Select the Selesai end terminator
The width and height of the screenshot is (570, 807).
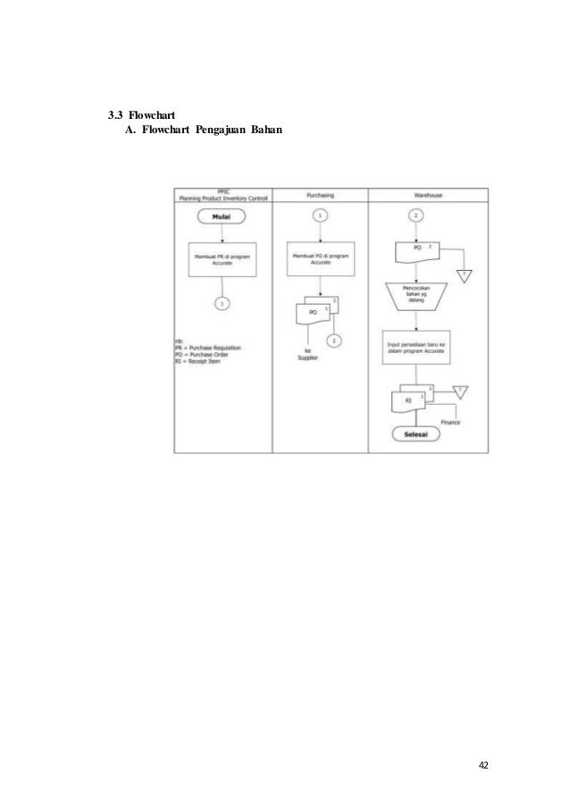pos(415,433)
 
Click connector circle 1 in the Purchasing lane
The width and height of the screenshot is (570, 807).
pos(320,215)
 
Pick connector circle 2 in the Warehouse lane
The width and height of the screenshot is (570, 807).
pos(415,215)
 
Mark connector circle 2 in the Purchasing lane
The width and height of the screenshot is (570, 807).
pos(333,340)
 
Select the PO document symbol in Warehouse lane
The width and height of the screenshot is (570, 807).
pos(416,251)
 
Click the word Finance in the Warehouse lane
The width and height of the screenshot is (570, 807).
pos(449,421)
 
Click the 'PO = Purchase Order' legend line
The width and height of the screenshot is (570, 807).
pos(207,353)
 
